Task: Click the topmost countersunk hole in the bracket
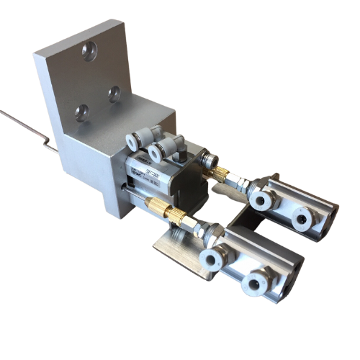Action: [89, 50]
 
